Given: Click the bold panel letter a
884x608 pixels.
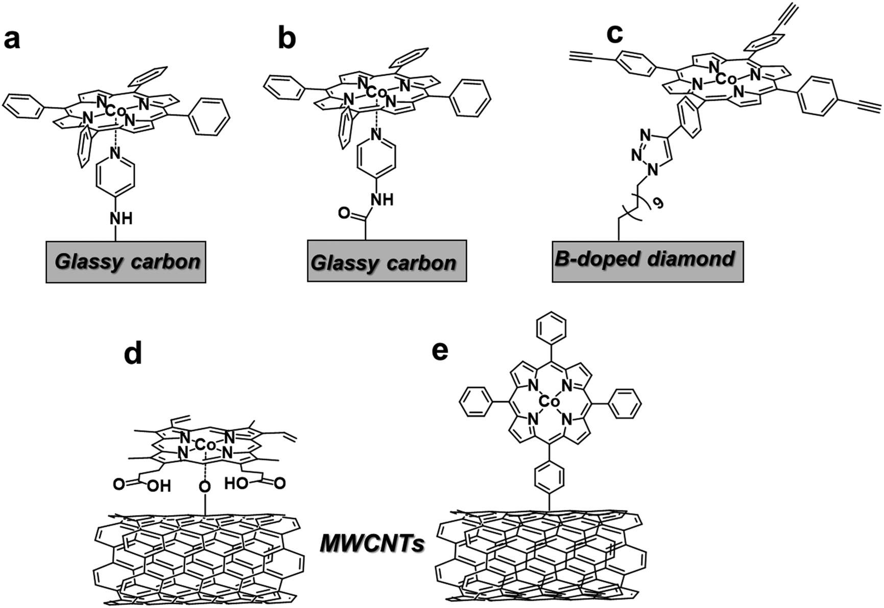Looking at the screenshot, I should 12,39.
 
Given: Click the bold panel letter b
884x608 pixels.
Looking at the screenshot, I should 286,39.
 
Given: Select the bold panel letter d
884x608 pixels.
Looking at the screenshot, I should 133,353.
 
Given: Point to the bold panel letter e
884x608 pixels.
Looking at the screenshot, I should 440,351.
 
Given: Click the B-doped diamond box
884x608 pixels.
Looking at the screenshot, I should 647,262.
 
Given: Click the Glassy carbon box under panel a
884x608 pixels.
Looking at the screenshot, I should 126,262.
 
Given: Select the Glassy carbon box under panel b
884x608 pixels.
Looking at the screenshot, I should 387,262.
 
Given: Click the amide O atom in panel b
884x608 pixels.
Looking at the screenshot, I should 344,213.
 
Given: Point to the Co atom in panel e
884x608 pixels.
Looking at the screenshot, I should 549,402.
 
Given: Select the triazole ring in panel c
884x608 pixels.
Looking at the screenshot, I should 654,153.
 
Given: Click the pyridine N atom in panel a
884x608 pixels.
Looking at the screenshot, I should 116,153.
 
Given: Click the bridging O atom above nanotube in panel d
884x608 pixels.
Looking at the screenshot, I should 205,486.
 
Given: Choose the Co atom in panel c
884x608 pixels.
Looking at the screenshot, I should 725,79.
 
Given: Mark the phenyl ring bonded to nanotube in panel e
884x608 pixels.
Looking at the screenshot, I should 549,477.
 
